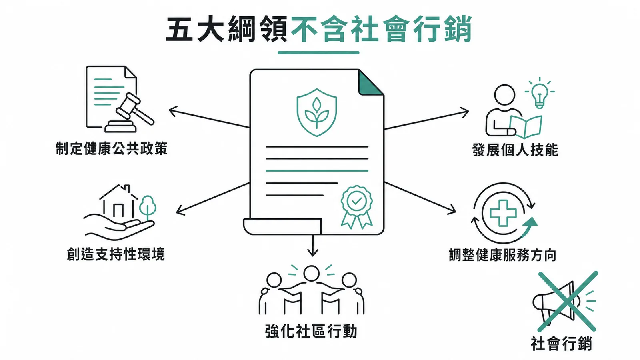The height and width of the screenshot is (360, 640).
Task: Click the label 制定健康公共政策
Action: (112, 148)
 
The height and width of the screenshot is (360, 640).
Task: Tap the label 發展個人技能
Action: (515, 150)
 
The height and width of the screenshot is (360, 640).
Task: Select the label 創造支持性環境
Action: (116, 254)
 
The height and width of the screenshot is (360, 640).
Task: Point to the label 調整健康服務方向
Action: (502, 255)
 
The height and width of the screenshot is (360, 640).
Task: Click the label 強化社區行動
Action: (311, 332)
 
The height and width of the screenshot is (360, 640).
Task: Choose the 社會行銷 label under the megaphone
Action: (561, 344)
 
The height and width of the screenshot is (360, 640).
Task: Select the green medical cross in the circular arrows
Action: (503, 213)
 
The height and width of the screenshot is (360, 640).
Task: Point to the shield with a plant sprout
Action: (316, 112)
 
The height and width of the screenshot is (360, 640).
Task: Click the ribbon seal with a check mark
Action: (356, 207)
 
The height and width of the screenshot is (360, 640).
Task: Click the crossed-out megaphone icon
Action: (564, 302)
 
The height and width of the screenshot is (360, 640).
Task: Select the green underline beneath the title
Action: (318, 52)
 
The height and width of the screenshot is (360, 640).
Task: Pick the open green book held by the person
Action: (526, 127)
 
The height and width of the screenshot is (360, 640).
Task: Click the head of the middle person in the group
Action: (311, 273)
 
